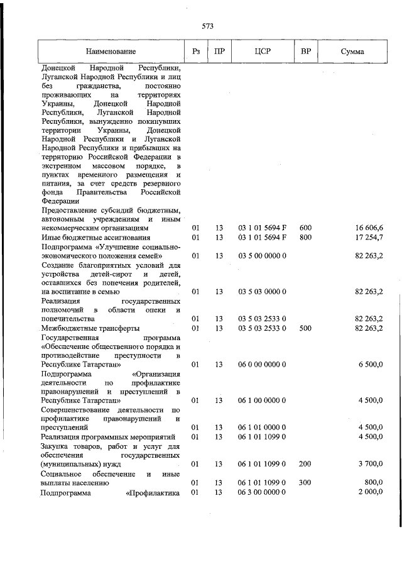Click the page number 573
tap(208, 26)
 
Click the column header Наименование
tap(111, 51)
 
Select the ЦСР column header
tap(263, 51)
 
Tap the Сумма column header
tap(352, 51)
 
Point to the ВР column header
tap(307, 51)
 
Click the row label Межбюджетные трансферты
tap(90, 328)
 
